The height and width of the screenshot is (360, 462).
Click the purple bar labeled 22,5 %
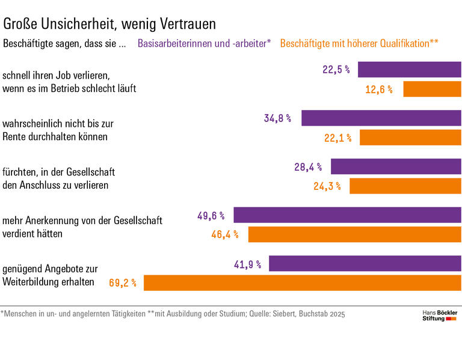409,70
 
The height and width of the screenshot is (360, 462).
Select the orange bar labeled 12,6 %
432,90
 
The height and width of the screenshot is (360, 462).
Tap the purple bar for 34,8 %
381,118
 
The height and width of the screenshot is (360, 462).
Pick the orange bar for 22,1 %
410,138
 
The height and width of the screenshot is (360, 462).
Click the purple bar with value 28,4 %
396,166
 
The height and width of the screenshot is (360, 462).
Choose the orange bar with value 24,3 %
405,186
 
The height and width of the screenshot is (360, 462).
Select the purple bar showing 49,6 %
347,215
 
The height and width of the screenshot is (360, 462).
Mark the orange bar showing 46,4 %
354,234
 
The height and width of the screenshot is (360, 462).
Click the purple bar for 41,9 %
365,263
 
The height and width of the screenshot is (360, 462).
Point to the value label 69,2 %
123,282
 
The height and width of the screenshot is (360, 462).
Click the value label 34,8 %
277,118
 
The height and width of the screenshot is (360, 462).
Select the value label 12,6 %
378,90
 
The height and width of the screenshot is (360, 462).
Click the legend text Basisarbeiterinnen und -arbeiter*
205,43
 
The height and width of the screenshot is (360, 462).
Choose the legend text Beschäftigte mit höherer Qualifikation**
359,43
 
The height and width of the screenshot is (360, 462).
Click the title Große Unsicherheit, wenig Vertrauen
109,23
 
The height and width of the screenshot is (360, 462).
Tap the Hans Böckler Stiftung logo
439,316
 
